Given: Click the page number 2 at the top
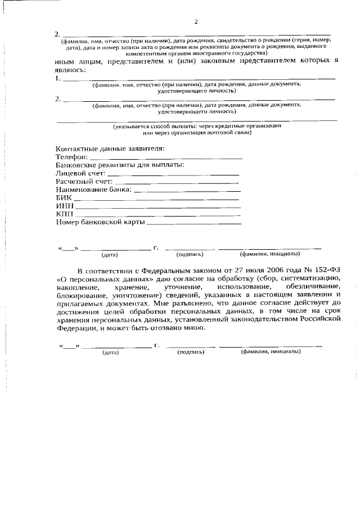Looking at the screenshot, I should click(x=196, y=22).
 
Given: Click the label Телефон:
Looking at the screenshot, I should click(x=72, y=157).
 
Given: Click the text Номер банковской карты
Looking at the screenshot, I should click(x=100, y=223).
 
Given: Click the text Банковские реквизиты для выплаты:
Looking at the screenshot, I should click(x=120, y=165).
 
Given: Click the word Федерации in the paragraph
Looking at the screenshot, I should click(x=77, y=327).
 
